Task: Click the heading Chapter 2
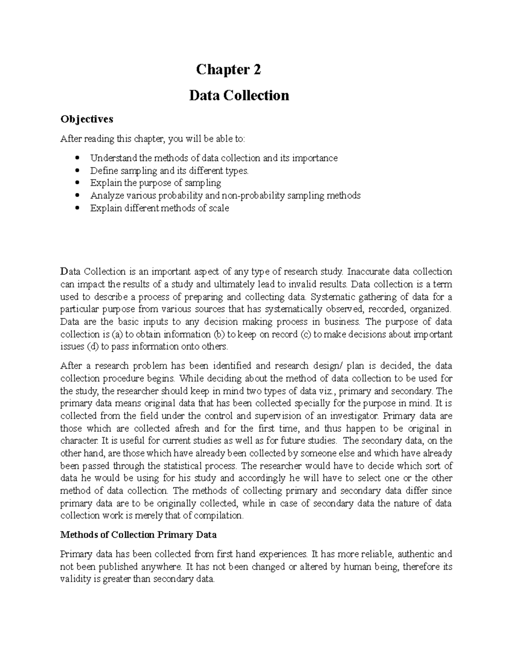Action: click(228, 69)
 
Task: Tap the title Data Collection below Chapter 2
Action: click(239, 95)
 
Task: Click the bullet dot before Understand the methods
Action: click(77, 158)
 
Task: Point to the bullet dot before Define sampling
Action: click(77, 171)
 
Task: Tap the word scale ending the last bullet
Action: click(218, 208)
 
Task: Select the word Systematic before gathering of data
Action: click(336, 297)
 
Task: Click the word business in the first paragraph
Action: click(342, 322)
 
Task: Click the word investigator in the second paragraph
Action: click(358, 416)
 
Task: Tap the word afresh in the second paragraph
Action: click(184, 428)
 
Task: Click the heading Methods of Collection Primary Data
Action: click(139, 535)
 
